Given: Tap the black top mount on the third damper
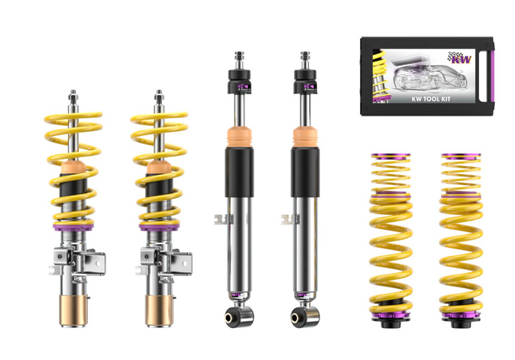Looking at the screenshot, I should pyautogui.click(x=239, y=80).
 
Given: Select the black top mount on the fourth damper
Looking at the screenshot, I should pyautogui.click(x=305, y=80).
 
